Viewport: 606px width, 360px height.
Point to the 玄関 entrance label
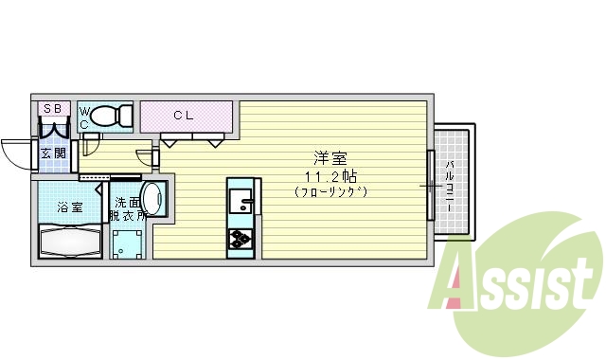[x=53, y=153]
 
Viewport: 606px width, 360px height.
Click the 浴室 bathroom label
[x=69, y=207]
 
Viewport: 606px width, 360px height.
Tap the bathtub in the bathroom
[x=70, y=241]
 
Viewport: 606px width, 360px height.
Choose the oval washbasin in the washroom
[x=158, y=199]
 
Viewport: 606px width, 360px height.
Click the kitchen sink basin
[x=241, y=202]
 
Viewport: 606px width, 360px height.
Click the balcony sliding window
[x=431, y=185]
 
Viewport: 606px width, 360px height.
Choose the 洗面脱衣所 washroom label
[x=127, y=209]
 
